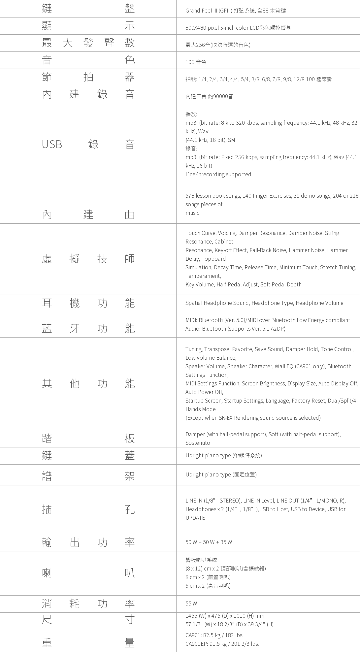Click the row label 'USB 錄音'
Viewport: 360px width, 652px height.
[x=88, y=145]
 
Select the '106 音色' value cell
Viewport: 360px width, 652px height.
[x=196, y=62]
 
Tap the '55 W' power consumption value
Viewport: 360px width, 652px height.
[x=191, y=603]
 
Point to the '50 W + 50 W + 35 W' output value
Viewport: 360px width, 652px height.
[x=209, y=542]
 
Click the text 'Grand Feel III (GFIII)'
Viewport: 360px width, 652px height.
[x=209, y=11]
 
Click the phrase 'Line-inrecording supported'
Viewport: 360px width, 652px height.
[x=218, y=174]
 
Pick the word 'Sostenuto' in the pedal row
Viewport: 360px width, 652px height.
[x=198, y=443]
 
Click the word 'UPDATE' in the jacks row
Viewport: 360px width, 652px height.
[x=195, y=518]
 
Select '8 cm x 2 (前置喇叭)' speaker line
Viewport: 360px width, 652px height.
[x=208, y=577]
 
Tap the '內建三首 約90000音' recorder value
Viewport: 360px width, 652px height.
[x=209, y=96]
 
